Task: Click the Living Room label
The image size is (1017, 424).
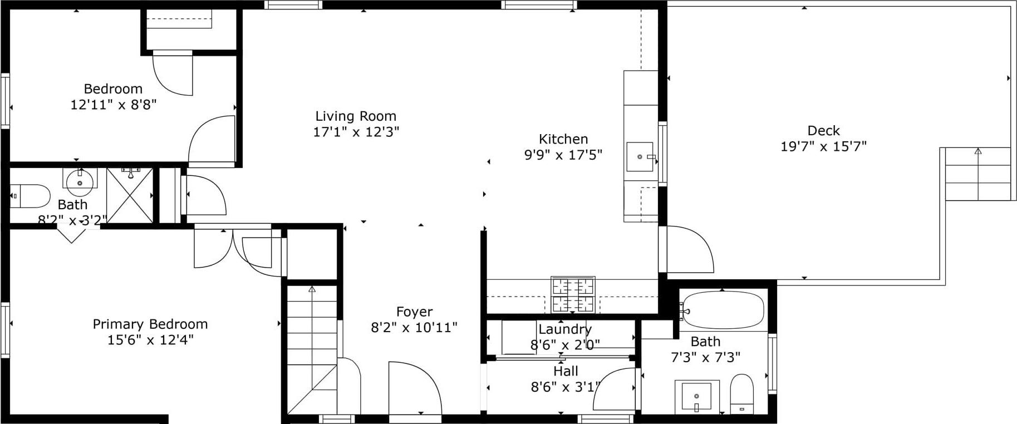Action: point(356,116)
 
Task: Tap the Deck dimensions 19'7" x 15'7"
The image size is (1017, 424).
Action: point(823,146)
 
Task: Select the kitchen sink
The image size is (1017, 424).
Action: point(640,157)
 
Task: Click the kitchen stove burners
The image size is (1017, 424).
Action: point(573,294)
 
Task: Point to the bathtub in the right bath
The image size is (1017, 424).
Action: point(723,310)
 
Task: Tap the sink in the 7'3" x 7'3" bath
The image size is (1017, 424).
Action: point(696,397)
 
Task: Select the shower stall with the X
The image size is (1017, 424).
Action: point(130,196)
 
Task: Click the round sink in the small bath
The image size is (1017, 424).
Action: point(80,181)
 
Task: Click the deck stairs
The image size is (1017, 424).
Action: point(978,174)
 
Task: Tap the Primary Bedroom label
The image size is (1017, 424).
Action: point(150,324)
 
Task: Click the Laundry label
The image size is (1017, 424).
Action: point(564,329)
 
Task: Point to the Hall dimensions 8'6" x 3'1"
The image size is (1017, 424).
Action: point(566,387)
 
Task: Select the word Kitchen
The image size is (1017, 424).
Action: point(563,139)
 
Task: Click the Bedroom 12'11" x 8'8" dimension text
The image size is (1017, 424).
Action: point(113,105)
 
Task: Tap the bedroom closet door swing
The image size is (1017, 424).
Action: point(173,72)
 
